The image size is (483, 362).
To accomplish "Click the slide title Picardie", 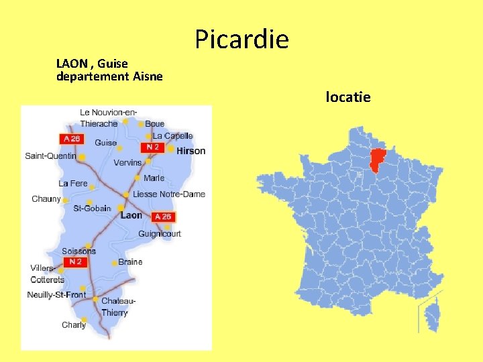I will click(x=242, y=40).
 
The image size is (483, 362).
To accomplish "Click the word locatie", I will click(x=347, y=97).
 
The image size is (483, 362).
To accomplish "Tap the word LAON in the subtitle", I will click(x=72, y=64).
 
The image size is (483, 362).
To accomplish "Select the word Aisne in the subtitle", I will click(x=148, y=76).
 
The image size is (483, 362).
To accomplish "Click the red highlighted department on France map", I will click(x=381, y=162).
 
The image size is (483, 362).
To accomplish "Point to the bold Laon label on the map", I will click(x=131, y=216).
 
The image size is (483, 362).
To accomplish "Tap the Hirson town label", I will click(x=191, y=151).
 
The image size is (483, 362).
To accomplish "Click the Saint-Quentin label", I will click(x=50, y=156).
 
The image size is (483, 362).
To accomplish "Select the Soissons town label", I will click(x=78, y=251).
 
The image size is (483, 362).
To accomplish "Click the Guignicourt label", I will click(x=160, y=234).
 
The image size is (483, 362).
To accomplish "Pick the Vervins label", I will click(x=127, y=163).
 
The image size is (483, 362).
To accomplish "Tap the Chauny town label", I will click(x=46, y=199).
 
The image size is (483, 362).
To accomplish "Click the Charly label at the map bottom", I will click(x=74, y=325).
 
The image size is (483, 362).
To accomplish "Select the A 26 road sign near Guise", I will click(x=70, y=139).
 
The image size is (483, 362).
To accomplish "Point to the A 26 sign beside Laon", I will click(x=163, y=217).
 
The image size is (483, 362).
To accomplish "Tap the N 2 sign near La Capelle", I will click(x=152, y=147).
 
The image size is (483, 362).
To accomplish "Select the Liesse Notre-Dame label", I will click(x=169, y=194).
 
